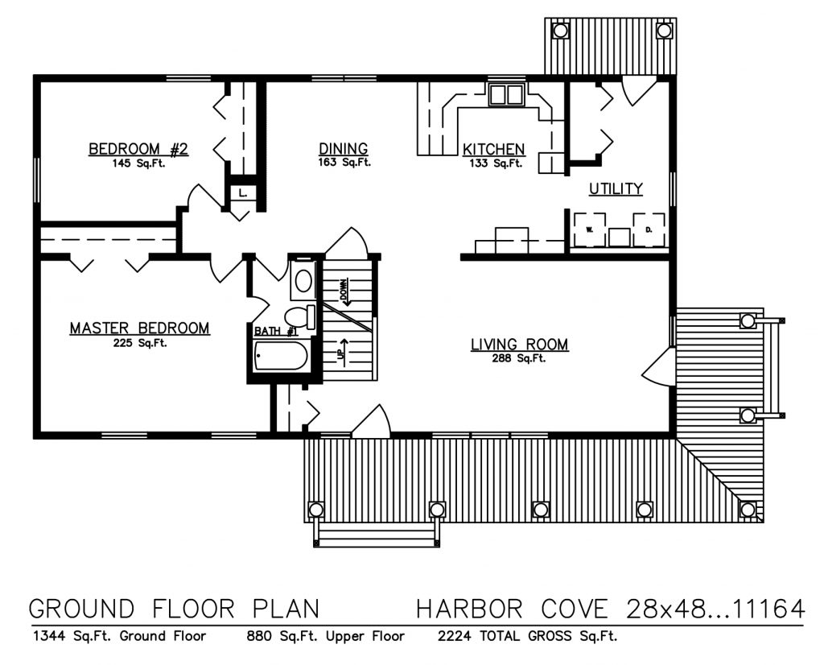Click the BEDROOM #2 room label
click(x=138, y=149)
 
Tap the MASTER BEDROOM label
click(x=139, y=328)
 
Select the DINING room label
click(x=344, y=149)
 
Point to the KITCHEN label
click(x=493, y=150)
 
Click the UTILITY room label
click(x=616, y=189)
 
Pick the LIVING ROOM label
click(x=519, y=345)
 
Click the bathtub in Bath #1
click(x=281, y=357)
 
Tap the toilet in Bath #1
click(x=299, y=314)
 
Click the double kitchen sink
click(x=507, y=95)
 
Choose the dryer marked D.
click(x=649, y=229)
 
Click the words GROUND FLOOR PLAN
click(x=174, y=609)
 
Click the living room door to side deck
click(x=658, y=369)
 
